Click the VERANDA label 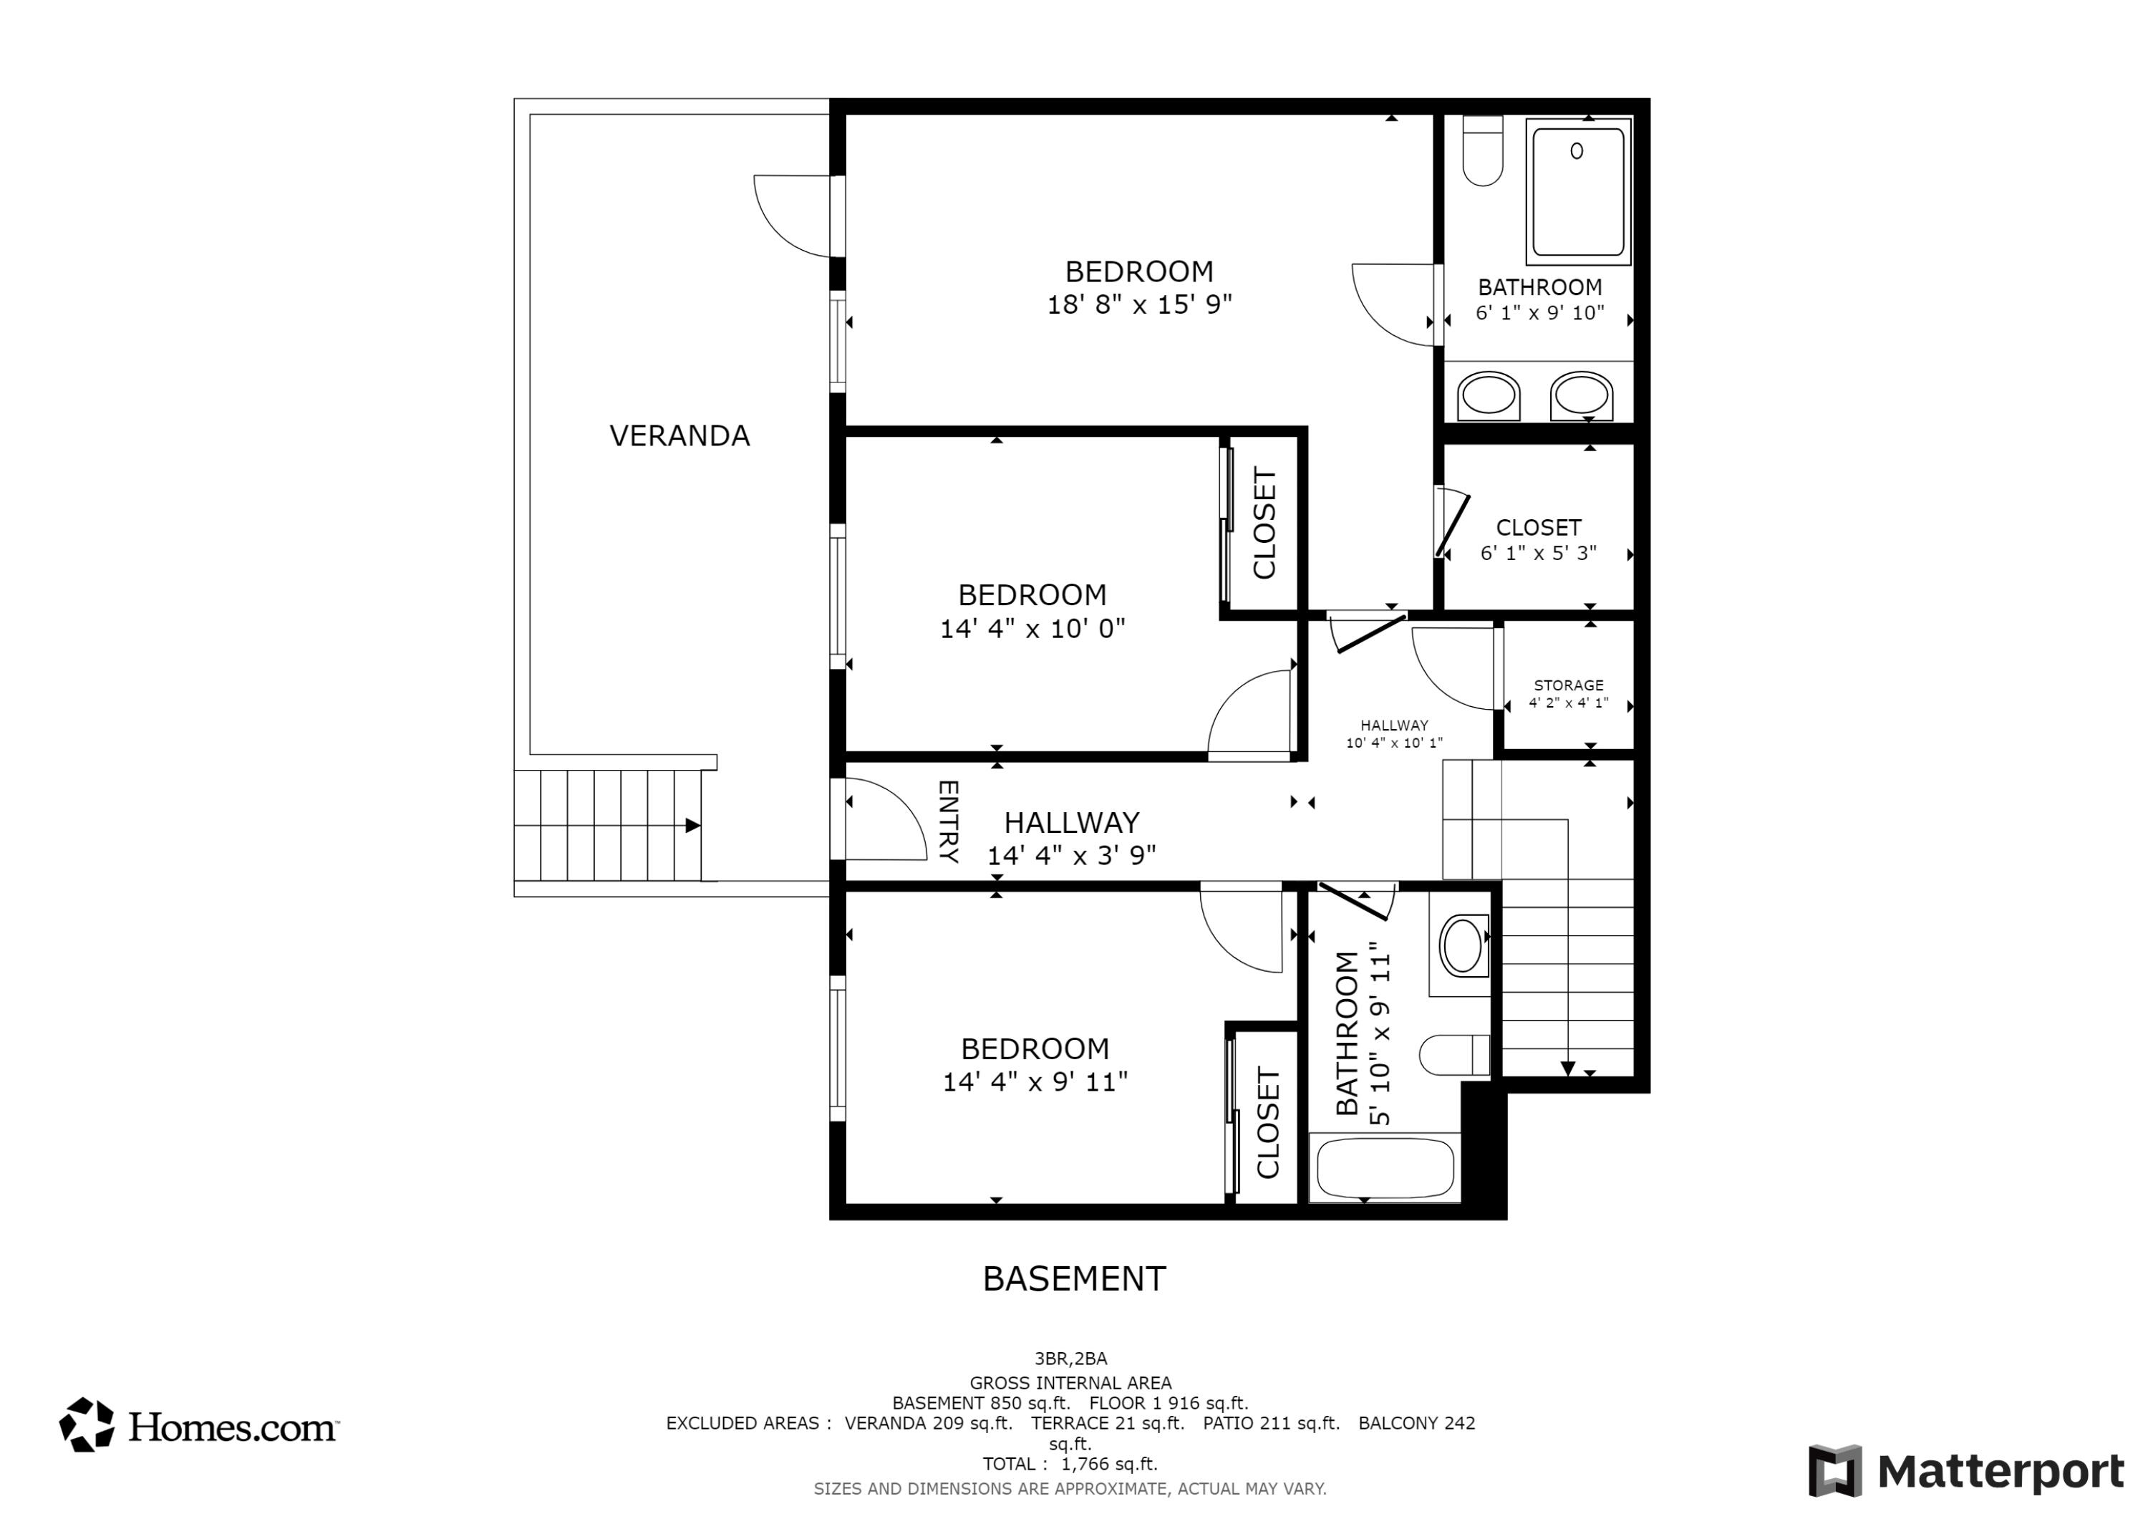click(x=679, y=436)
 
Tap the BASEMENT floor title click(x=1074, y=1278)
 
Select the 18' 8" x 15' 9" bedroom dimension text click(x=1139, y=305)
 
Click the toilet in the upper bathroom click(x=1482, y=150)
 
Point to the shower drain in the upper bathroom click(x=1577, y=150)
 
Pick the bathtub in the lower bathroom click(x=1385, y=1168)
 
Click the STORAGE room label click(x=1569, y=685)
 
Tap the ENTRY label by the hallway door click(x=948, y=821)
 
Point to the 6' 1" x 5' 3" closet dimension click(x=1538, y=553)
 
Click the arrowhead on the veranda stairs click(x=693, y=826)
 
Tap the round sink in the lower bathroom click(x=1462, y=945)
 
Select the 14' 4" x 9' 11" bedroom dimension click(x=1035, y=1082)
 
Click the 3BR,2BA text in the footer click(x=1071, y=1359)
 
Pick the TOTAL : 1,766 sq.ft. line click(x=1070, y=1464)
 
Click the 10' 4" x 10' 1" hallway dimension click(x=1394, y=743)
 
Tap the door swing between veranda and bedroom click(x=791, y=216)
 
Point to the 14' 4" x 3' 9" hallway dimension click(x=1072, y=855)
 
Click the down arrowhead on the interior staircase click(x=1568, y=1069)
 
